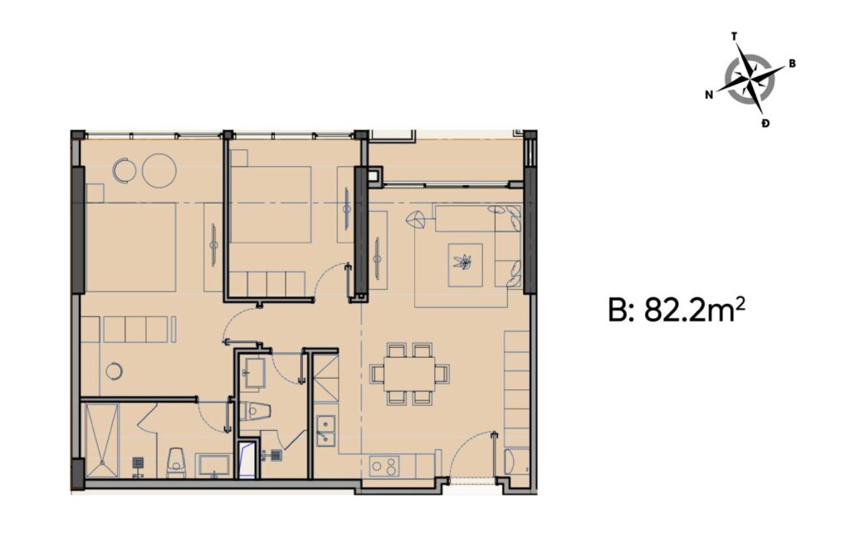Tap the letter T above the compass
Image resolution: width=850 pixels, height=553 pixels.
734,37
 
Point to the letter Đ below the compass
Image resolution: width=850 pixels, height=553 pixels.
764,123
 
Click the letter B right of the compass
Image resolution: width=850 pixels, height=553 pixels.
792,63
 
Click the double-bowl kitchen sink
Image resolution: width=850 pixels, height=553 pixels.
325,431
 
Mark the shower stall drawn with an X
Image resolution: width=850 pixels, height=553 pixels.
101,441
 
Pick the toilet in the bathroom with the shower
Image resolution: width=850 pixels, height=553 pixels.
176,463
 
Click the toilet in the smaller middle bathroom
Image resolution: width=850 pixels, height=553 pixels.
257,410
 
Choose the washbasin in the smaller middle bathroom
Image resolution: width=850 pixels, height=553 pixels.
252,371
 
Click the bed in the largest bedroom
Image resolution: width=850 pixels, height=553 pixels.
130,247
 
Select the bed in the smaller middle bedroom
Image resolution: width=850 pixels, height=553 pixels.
270,204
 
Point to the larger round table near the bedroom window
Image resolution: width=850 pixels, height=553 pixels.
159,170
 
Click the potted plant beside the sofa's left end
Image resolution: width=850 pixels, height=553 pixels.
417,221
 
